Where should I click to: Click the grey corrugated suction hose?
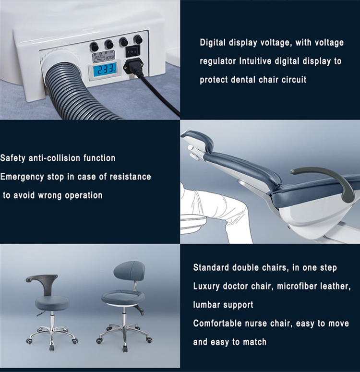pos(67,91)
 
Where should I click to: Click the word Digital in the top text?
pos(215,43)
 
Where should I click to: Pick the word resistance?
pos(128,177)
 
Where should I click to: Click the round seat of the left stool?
pos(51,302)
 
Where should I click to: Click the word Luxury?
pos(208,286)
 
